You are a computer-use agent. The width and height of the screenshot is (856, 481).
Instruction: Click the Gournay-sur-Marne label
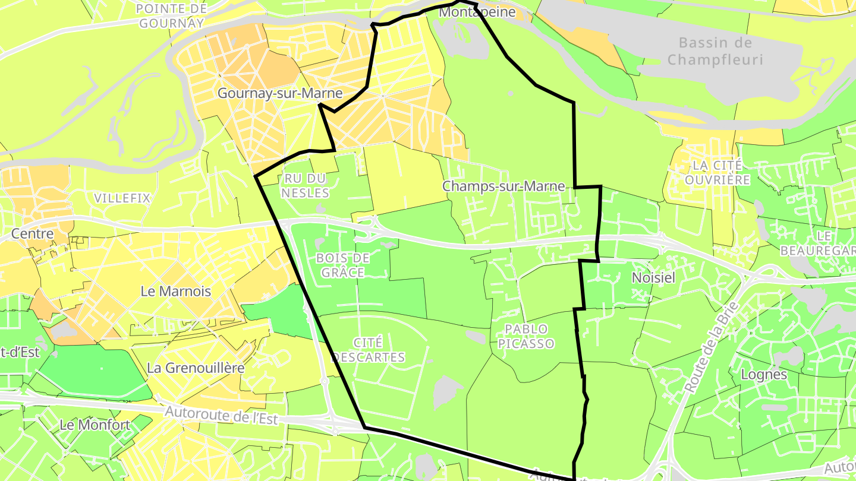point(280,93)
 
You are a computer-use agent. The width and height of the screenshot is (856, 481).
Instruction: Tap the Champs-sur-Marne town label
point(503,186)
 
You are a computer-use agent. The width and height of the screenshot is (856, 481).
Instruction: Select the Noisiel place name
point(654,277)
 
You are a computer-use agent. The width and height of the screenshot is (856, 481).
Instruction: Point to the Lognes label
point(764,375)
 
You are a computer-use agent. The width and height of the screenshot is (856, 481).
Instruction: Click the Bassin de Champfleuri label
point(715,51)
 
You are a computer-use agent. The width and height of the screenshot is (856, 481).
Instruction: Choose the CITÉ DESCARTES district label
point(369,350)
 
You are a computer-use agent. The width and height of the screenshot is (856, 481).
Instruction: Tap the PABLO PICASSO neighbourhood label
point(526,336)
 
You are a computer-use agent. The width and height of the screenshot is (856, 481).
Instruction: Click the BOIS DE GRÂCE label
point(343,265)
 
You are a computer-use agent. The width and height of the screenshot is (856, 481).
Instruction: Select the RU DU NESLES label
point(306,185)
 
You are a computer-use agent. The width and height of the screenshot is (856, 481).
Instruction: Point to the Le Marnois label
point(176,291)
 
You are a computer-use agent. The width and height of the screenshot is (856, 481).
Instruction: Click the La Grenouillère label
point(196,368)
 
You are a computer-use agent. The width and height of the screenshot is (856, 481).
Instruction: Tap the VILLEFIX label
point(122,198)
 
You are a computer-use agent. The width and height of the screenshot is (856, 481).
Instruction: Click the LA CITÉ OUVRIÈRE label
point(717,172)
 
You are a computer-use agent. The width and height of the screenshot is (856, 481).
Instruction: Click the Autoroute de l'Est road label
point(221,414)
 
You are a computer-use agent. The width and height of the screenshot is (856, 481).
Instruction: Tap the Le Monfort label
point(95,425)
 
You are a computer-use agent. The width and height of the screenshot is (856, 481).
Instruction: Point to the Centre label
point(32,234)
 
